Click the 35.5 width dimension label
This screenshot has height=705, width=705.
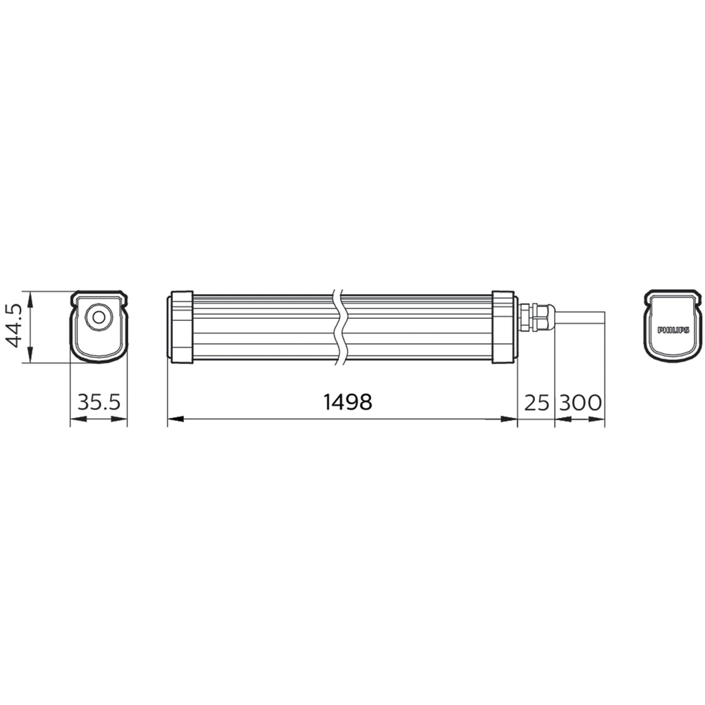[x=98, y=402]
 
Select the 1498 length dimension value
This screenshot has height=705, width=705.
[x=348, y=402]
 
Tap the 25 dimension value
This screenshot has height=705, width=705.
[x=536, y=402]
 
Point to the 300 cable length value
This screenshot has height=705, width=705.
[x=580, y=402]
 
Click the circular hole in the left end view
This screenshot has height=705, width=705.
[x=98, y=317]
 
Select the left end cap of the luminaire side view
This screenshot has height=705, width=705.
[x=181, y=327]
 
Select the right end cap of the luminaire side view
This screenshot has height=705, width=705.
[x=503, y=327]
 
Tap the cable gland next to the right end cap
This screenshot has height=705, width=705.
[x=536, y=317]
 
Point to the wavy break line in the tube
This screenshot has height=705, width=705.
[x=338, y=327]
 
